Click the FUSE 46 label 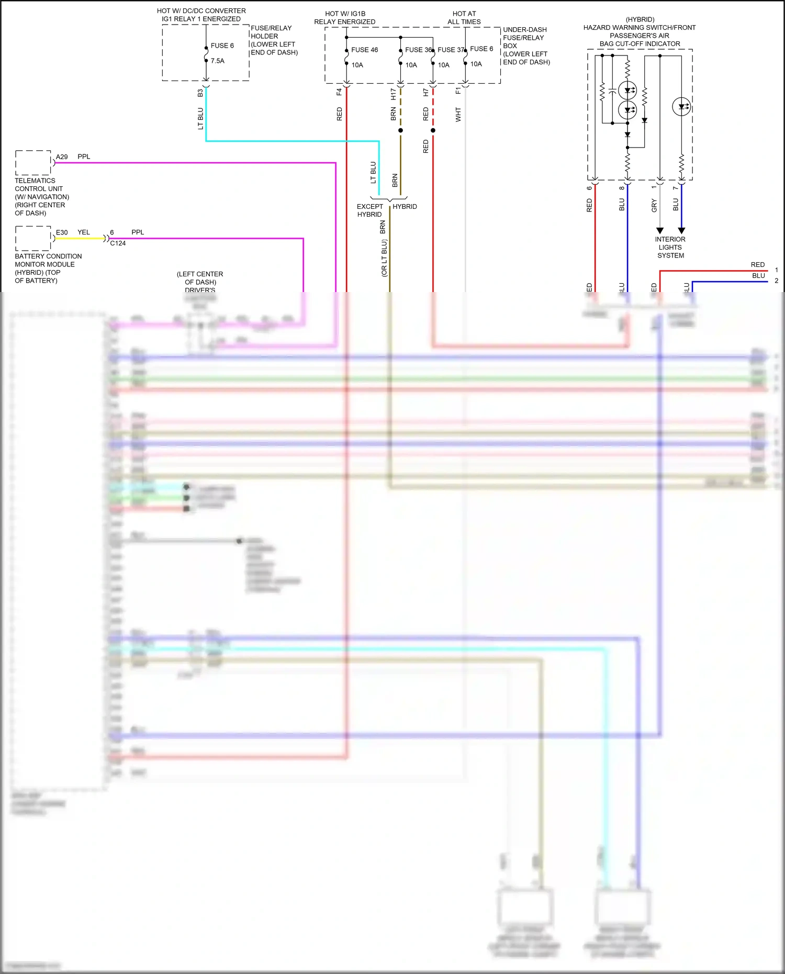pos(364,50)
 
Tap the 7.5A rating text pos(217,61)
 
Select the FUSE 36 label pos(418,50)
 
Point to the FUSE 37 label pos(451,50)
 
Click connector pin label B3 pos(200,93)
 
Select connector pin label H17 pos(393,94)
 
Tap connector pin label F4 pos(339,92)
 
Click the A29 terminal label pos(62,156)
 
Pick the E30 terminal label pos(62,232)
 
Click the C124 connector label pos(118,243)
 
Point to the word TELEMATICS pos(35,181)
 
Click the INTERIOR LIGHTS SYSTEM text pos(670,247)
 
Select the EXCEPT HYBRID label pos(369,210)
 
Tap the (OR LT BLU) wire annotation pos(384,258)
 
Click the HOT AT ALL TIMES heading pos(464,18)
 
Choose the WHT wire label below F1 pos(458,115)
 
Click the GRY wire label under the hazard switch pos(654,206)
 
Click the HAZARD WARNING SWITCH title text pos(639,28)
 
